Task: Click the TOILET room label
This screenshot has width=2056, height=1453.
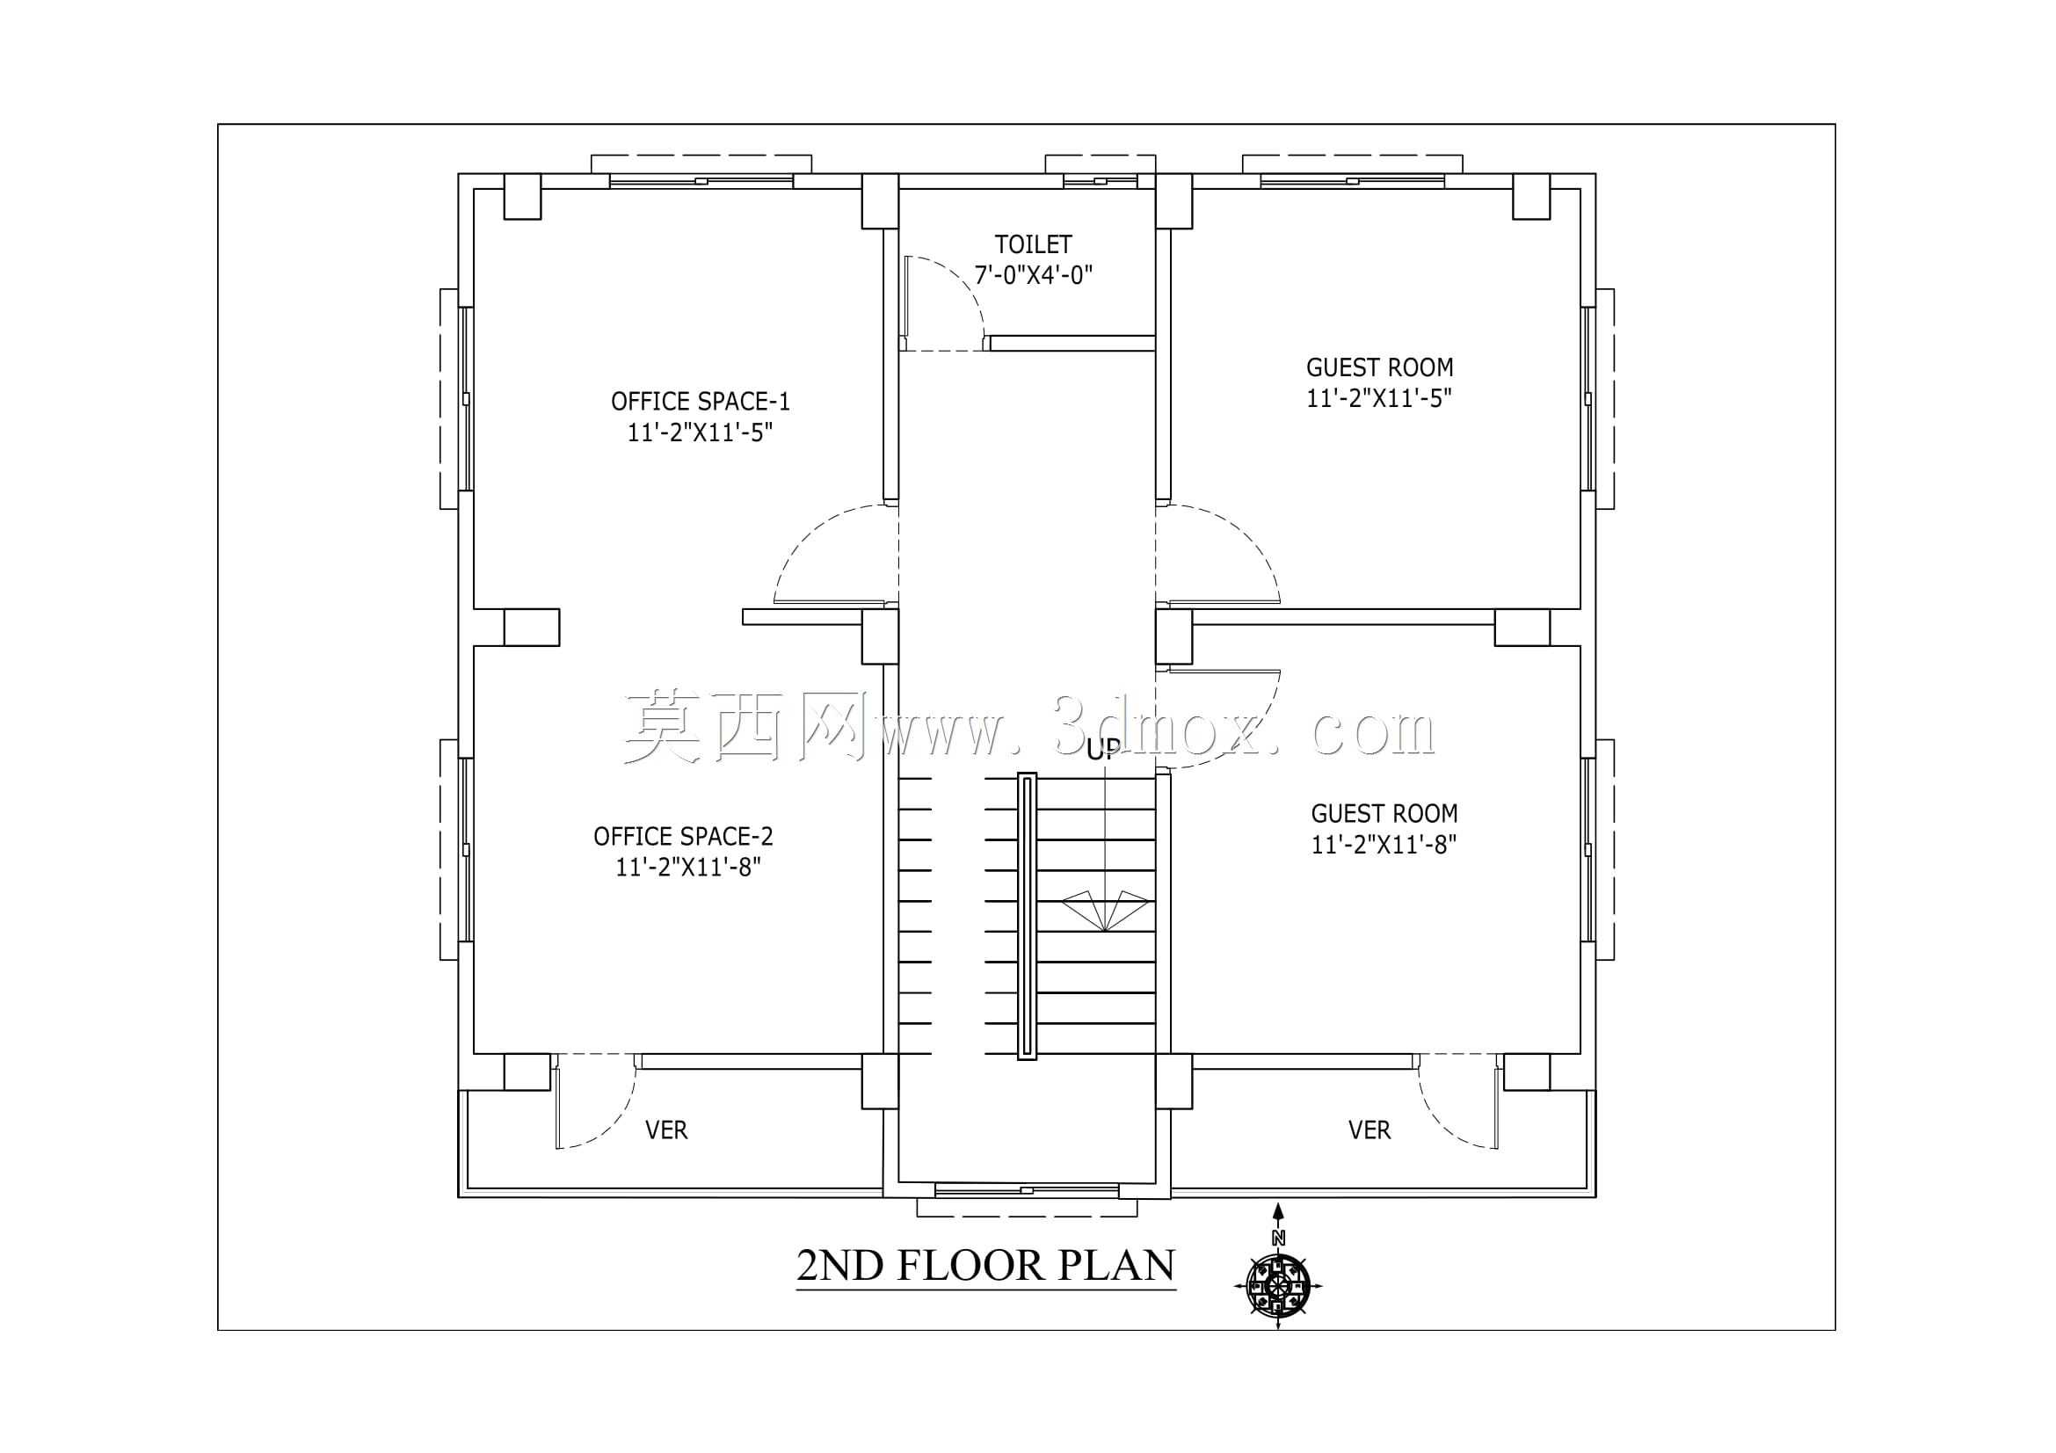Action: pos(1033,243)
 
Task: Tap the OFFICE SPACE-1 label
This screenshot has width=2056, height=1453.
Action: pos(701,401)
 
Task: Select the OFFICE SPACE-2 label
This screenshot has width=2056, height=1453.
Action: pos(683,836)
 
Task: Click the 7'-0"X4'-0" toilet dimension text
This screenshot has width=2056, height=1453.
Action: pos(1034,275)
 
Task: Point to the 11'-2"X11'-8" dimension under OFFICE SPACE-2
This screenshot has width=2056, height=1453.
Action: pos(687,867)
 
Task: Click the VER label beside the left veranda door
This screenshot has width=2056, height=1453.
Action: pos(666,1130)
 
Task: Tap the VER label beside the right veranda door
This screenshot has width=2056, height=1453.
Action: pos(1369,1130)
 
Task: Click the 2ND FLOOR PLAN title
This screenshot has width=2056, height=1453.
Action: pos(985,1266)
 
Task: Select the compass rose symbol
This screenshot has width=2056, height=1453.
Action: pos(1278,1287)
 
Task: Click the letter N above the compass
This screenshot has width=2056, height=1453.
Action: pos(1278,1239)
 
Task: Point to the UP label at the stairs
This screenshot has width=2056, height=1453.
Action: pos(1102,750)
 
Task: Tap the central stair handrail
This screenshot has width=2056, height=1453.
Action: pos(1027,917)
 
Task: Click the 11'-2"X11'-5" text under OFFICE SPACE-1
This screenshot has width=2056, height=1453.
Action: pos(700,432)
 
